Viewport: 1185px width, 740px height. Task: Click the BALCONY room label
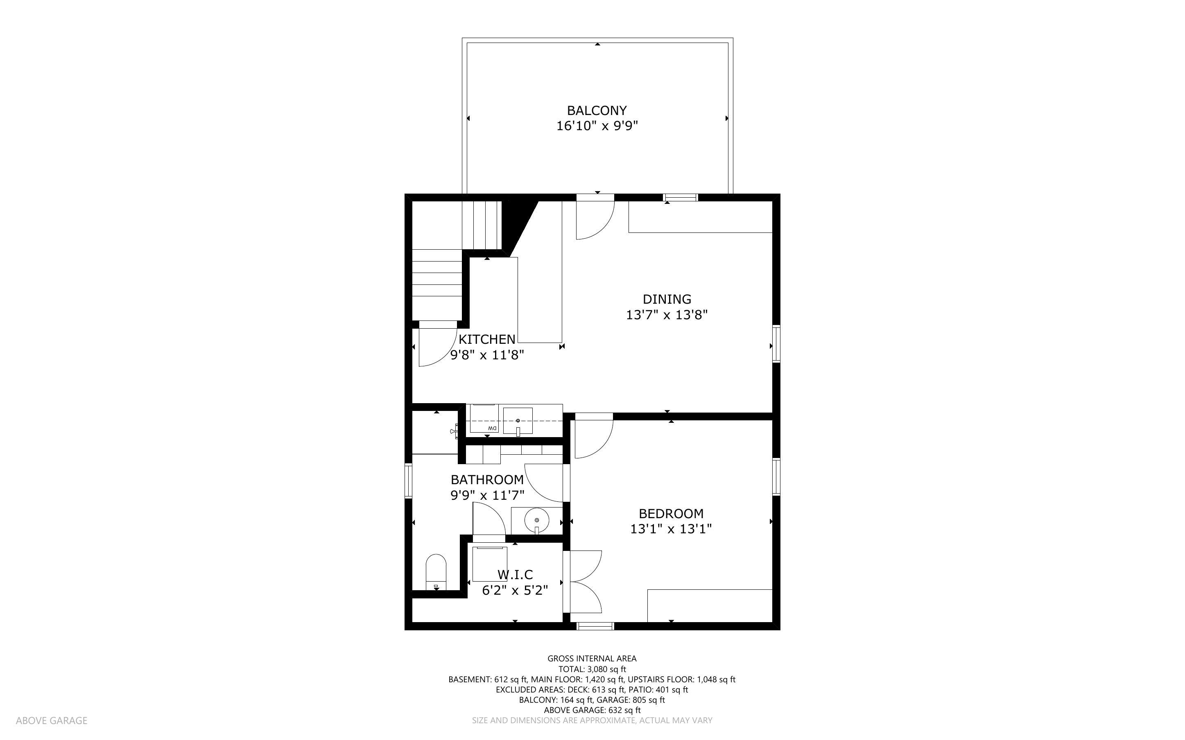tap(597, 111)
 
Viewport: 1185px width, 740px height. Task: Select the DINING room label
tap(667, 299)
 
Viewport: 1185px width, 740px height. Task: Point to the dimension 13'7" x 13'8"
tap(667, 315)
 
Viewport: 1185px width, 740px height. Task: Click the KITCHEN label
tap(486, 339)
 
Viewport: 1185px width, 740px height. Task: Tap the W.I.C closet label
tap(515, 575)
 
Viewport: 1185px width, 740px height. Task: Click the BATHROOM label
tap(487, 480)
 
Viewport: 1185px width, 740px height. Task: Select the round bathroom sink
tap(536, 520)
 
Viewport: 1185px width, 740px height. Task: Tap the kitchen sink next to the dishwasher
tap(518, 421)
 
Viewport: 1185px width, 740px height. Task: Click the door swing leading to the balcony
tap(593, 218)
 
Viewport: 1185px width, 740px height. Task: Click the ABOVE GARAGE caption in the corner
tap(52, 720)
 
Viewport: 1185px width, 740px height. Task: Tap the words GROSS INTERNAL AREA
tap(592, 659)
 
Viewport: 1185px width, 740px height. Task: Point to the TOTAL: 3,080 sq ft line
tap(592, 669)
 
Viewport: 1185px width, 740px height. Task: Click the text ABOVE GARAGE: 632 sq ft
tap(592, 710)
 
